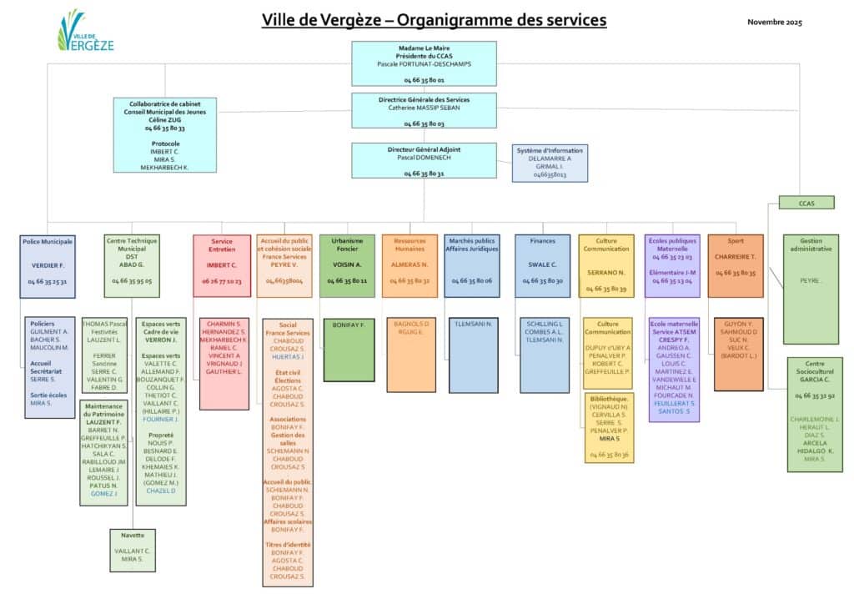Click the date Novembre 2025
774,22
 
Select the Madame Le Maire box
424,63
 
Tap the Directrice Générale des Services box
424,111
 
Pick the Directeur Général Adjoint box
424,160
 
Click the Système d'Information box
549,164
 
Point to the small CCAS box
806,202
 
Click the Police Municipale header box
48,265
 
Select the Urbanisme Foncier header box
348,265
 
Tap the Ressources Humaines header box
409,265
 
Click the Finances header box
543,265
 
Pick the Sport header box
735,265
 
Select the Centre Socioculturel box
814,414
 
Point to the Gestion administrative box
811,289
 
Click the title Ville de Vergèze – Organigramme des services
434,20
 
